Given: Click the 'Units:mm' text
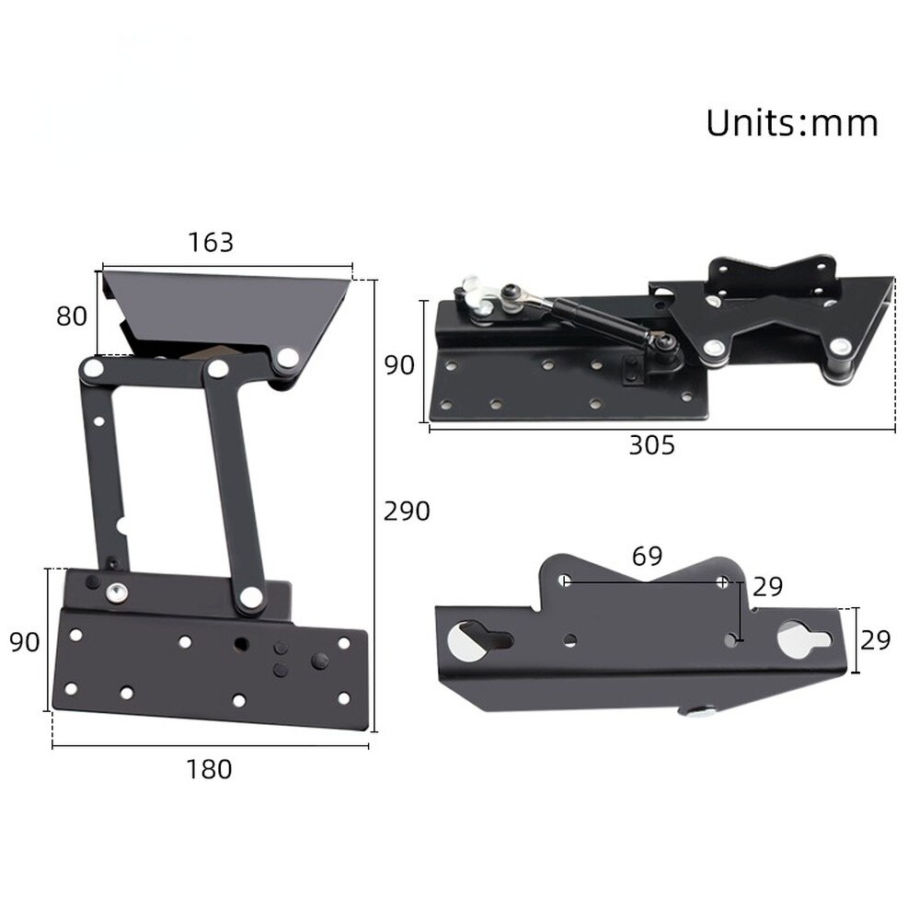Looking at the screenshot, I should [791, 122].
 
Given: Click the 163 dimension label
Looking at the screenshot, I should [211, 242].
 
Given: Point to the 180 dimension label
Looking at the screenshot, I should [210, 768].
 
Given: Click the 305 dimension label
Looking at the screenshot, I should [651, 445].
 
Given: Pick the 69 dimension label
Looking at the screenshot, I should [647, 556].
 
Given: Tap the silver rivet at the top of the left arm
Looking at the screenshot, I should [92, 369].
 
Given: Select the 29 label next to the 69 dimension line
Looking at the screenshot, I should [767, 587].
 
